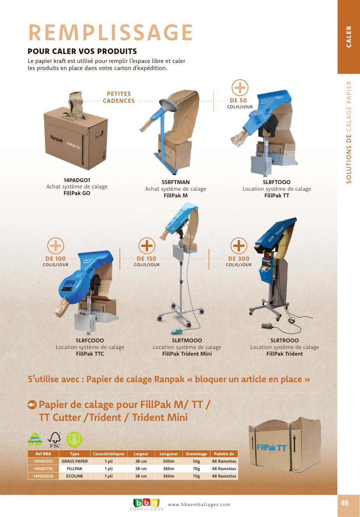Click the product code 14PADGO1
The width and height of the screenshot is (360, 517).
(x=77, y=180)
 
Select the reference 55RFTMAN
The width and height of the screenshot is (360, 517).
(x=175, y=182)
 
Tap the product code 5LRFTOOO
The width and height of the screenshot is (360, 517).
(x=276, y=182)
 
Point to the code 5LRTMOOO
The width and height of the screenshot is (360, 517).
(x=187, y=340)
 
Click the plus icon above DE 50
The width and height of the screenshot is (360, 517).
(x=240, y=88)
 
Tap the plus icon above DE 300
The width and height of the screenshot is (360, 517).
(x=239, y=245)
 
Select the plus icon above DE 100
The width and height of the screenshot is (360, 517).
(x=55, y=245)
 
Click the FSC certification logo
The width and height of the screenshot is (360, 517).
(x=55, y=440)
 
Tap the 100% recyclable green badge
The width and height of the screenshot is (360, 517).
(x=35, y=440)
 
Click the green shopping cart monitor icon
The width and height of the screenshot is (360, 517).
(x=74, y=440)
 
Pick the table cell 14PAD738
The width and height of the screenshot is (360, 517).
(x=43, y=469)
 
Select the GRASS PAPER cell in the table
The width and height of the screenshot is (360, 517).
(x=75, y=461)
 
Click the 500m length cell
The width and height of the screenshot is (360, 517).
(x=169, y=461)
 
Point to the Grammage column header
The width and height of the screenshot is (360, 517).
(x=196, y=454)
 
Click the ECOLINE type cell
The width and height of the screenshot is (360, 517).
(x=75, y=476)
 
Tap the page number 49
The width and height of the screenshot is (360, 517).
(x=345, y=503)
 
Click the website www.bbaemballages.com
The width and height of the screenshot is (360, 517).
(x=199, y=504)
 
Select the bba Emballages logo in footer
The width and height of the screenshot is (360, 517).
(x=146, y=504)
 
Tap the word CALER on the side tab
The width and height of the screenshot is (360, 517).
(x=349, y=37)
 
